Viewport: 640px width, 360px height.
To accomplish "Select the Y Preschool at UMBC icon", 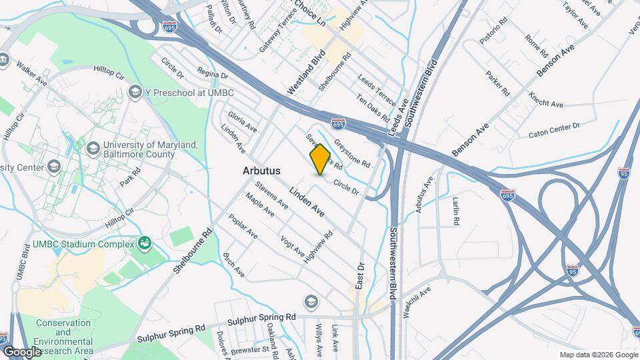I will [135, 91].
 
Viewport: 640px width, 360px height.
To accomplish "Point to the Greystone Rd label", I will [351, 153].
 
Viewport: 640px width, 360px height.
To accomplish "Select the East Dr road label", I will [361, 275].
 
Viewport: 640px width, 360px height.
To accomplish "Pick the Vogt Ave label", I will [293, 247].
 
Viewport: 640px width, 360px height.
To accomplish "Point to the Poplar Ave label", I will [243, 226].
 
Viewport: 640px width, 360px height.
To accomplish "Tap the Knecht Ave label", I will [546, 99].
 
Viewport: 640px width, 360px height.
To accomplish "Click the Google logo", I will [22, 351].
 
